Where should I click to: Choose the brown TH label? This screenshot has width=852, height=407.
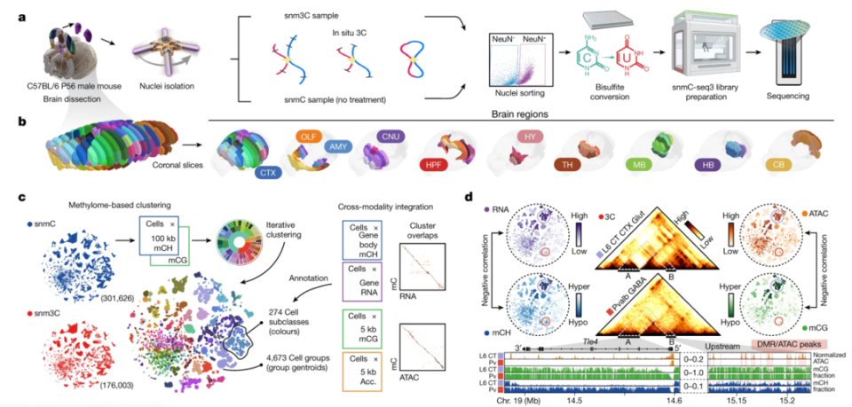(x=564, y=165)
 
